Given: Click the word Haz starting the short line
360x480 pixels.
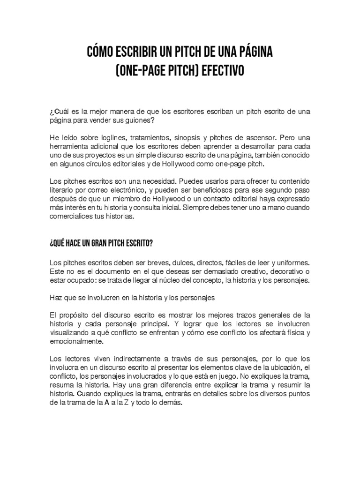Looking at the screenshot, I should pyautogui.click(x=55, y=297).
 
